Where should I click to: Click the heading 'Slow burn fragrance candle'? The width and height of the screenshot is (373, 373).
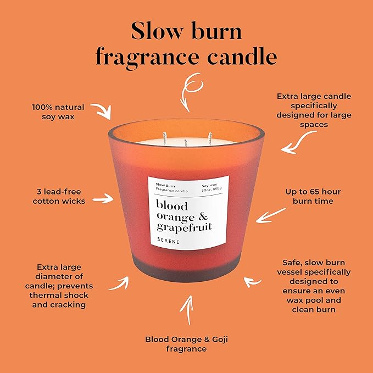click(186, 44)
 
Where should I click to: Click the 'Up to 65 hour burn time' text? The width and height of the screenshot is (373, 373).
click(313, 196)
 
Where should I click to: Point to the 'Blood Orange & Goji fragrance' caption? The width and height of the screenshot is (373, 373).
click(186, 344)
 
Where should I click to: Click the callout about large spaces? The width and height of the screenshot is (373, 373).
click(314, 110)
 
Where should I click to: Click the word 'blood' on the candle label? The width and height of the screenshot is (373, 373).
click(171, 206)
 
